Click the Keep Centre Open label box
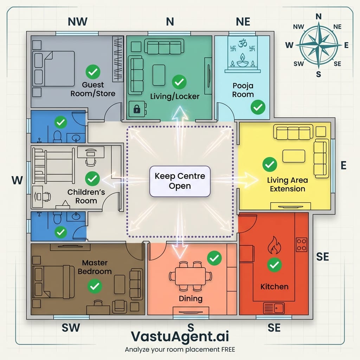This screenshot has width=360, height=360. (180, 181)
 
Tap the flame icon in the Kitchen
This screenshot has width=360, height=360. (274, 245)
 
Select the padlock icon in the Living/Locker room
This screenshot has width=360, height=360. (136, 109)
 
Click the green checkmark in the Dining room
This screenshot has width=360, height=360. (214, 258)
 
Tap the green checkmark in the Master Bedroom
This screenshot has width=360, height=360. (94, 286)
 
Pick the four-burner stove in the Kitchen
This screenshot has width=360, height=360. (301, 244)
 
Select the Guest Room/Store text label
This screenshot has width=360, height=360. (93, 89)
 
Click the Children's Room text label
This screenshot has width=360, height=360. (86, 197)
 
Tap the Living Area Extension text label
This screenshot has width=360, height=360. (287, 185)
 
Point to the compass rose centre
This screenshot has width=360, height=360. (319, 45)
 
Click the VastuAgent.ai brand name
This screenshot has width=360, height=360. (180, 336)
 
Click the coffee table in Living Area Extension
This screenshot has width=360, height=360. (294, 156)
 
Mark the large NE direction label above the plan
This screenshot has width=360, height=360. (243, 22)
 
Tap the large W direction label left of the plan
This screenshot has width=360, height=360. (17, 181)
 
